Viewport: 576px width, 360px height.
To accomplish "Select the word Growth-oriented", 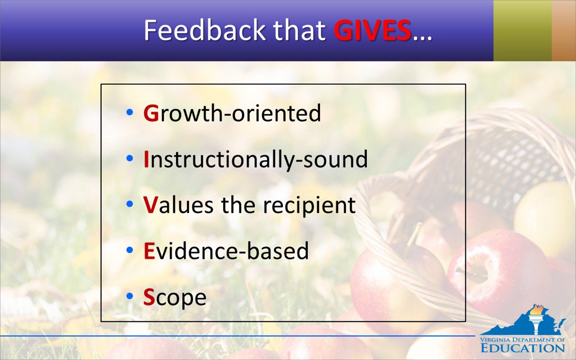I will coord(232,113).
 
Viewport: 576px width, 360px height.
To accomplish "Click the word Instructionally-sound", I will coord(256,159).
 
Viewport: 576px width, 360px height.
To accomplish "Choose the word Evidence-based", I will coord(226,251).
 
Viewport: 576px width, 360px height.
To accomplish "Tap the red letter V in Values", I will coord(150,205).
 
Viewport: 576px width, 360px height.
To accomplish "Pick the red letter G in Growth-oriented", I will coord(151,113).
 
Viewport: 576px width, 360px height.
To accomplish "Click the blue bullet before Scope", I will coord(130,296).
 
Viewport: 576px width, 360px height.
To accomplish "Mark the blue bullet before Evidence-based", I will coord(130,250).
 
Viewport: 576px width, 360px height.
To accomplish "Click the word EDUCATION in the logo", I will coord(523,348).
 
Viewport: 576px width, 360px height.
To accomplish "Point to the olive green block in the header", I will coord(522,30).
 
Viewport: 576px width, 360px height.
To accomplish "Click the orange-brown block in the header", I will coord(564,30).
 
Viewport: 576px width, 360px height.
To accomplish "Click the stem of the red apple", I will coord(415,233).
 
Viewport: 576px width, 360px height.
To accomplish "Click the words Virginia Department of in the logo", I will coord(523,339).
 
